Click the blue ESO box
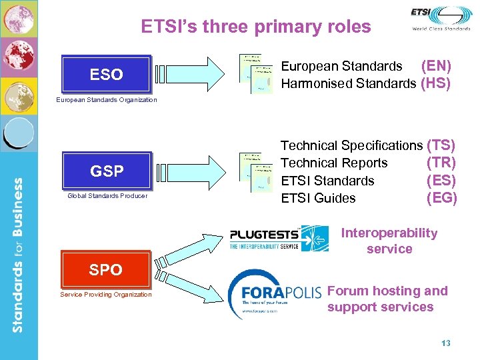[x=106, y=74]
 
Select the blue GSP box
[x=107, y=171]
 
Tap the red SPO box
[x=106, y=269]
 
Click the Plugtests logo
[x=279, y=237]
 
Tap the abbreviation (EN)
[x=436, y=66]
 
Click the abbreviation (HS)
[x=436, y=83]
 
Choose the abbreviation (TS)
[x=441, y=145]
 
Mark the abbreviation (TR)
[x=441, y=163]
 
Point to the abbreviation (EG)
[x=441, y=198]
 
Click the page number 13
[x=446, y=343]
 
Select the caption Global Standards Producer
[x=107, y=196]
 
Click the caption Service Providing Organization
[x=106, y=295]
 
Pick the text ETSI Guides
[x=318, y=198]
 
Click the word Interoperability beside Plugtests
[x=389, y=233]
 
